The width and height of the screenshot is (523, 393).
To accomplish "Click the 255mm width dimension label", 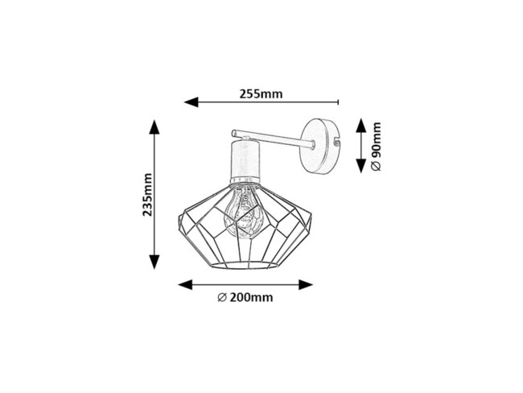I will (261, 93).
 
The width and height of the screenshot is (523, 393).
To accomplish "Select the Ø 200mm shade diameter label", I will (245, 298).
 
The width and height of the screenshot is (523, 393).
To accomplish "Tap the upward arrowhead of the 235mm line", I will (154, 127).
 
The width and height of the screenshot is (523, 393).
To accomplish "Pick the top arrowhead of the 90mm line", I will (360, 125).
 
